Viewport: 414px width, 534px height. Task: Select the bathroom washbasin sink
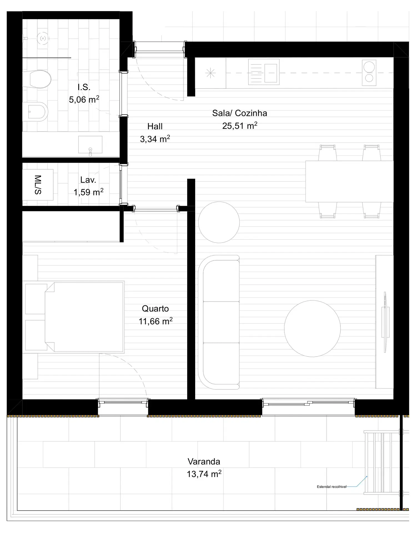click(90, 145)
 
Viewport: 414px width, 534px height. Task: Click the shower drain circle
click(43, 38)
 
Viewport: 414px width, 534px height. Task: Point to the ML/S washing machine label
click(38, 185)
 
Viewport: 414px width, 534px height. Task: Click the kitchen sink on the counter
click(264, 72)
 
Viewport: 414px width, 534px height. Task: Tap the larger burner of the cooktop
click(369, 67)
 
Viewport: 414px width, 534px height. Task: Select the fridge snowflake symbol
click(210, 73)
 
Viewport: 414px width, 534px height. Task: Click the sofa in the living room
click(219, 322)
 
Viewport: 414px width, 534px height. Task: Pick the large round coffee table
click(312, 328)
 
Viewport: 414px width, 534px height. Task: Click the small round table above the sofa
click(219, 222)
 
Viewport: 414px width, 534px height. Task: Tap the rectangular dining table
click(349, 181)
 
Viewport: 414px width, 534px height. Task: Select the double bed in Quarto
click(84, 317)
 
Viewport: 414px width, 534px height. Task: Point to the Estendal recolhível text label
click(332, 487)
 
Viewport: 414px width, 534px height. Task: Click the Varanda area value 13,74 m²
click(204, 474)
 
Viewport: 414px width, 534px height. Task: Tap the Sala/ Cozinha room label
click(240, 113)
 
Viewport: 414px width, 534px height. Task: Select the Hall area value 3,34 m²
click(155, 139)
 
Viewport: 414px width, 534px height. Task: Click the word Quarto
click(155, 309)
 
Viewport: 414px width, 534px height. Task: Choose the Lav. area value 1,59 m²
click(88, 192)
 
